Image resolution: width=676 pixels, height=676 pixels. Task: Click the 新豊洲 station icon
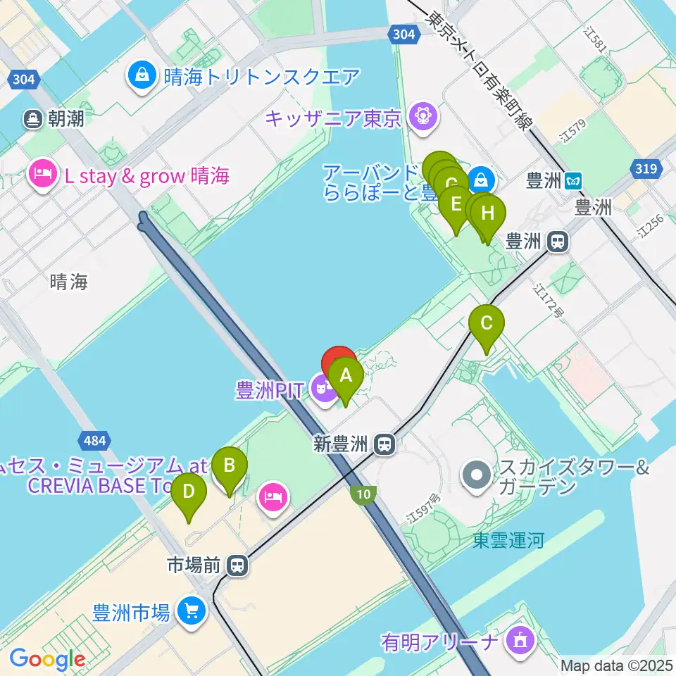tap(384, 444)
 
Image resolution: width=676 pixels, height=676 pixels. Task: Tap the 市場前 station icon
tap(238, 565)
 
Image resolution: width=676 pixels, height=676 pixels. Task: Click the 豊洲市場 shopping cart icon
tap(191, 611)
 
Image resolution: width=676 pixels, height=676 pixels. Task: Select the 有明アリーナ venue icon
tap(522, 640)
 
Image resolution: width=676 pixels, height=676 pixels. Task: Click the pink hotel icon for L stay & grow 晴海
tap(43, 175)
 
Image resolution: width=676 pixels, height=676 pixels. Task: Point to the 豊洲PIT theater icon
tap(325, 387)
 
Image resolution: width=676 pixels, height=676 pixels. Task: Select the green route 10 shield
tap(363, 495)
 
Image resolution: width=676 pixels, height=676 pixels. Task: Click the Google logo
tap(47, 659)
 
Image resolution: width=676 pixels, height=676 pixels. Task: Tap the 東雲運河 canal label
tap(508, 541)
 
